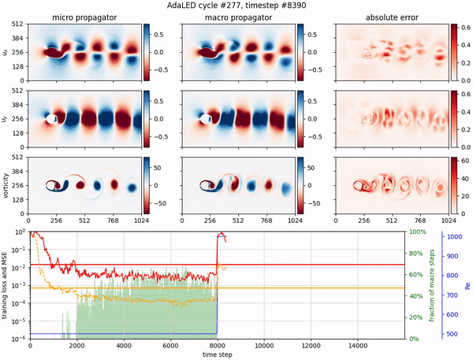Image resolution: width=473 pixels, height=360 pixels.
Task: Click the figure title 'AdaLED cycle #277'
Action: coord(236,6)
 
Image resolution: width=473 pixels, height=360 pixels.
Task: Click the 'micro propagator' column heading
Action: coord(84,17)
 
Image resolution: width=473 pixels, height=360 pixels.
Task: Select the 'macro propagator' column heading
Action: coord(238,17)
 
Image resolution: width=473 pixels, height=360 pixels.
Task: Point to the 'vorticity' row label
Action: coord(7,185)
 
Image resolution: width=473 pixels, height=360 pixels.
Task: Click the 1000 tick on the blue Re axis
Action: coord(454,236)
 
